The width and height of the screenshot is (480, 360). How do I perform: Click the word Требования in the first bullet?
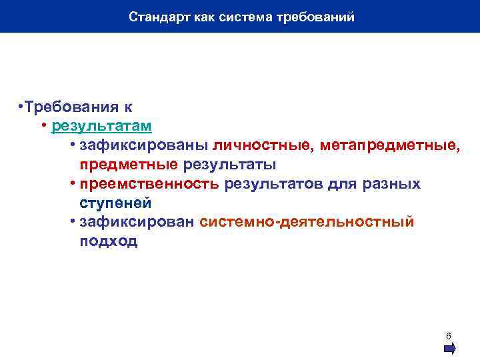(68, 107)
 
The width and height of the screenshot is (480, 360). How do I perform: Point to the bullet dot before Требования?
(21, 107)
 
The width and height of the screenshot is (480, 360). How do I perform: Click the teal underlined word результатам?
(101, 126)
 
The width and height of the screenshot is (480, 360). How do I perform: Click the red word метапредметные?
(389, 145)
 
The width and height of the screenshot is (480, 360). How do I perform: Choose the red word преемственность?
(149, 183)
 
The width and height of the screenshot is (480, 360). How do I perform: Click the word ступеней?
(115, 203)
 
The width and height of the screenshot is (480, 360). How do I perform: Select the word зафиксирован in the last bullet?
(137, 222)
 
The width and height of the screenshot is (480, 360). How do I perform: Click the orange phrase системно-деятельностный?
(307, 222)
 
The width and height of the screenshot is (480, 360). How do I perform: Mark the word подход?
(109, 241)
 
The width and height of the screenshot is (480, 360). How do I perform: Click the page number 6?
(449, 335)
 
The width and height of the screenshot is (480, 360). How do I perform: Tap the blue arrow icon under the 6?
(449, 348)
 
